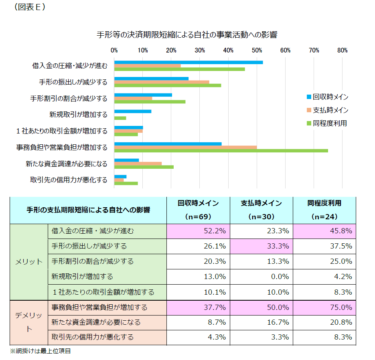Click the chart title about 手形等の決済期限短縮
click(x=187, y=35)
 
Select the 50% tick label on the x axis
click(x=257, y=51)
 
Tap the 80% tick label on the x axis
click(x=342, y=51)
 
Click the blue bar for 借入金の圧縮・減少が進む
click(x=189, y=63)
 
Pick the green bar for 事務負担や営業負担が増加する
click(x=221, y=151)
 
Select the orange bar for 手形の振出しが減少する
click(x=162, y=82)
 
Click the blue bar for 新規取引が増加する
click(x=133, y=111)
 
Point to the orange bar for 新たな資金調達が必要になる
click(x=138, y=164)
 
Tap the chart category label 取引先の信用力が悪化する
click(x=69, y=180)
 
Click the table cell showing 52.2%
click(x=198, y=231)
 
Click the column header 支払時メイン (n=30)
click(x=261, y=210)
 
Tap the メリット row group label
click(x=28, y=261)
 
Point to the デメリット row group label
click(x=28, y=322)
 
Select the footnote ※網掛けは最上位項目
click(x=40, y=351)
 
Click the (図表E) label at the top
click(x=29, y=8)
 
